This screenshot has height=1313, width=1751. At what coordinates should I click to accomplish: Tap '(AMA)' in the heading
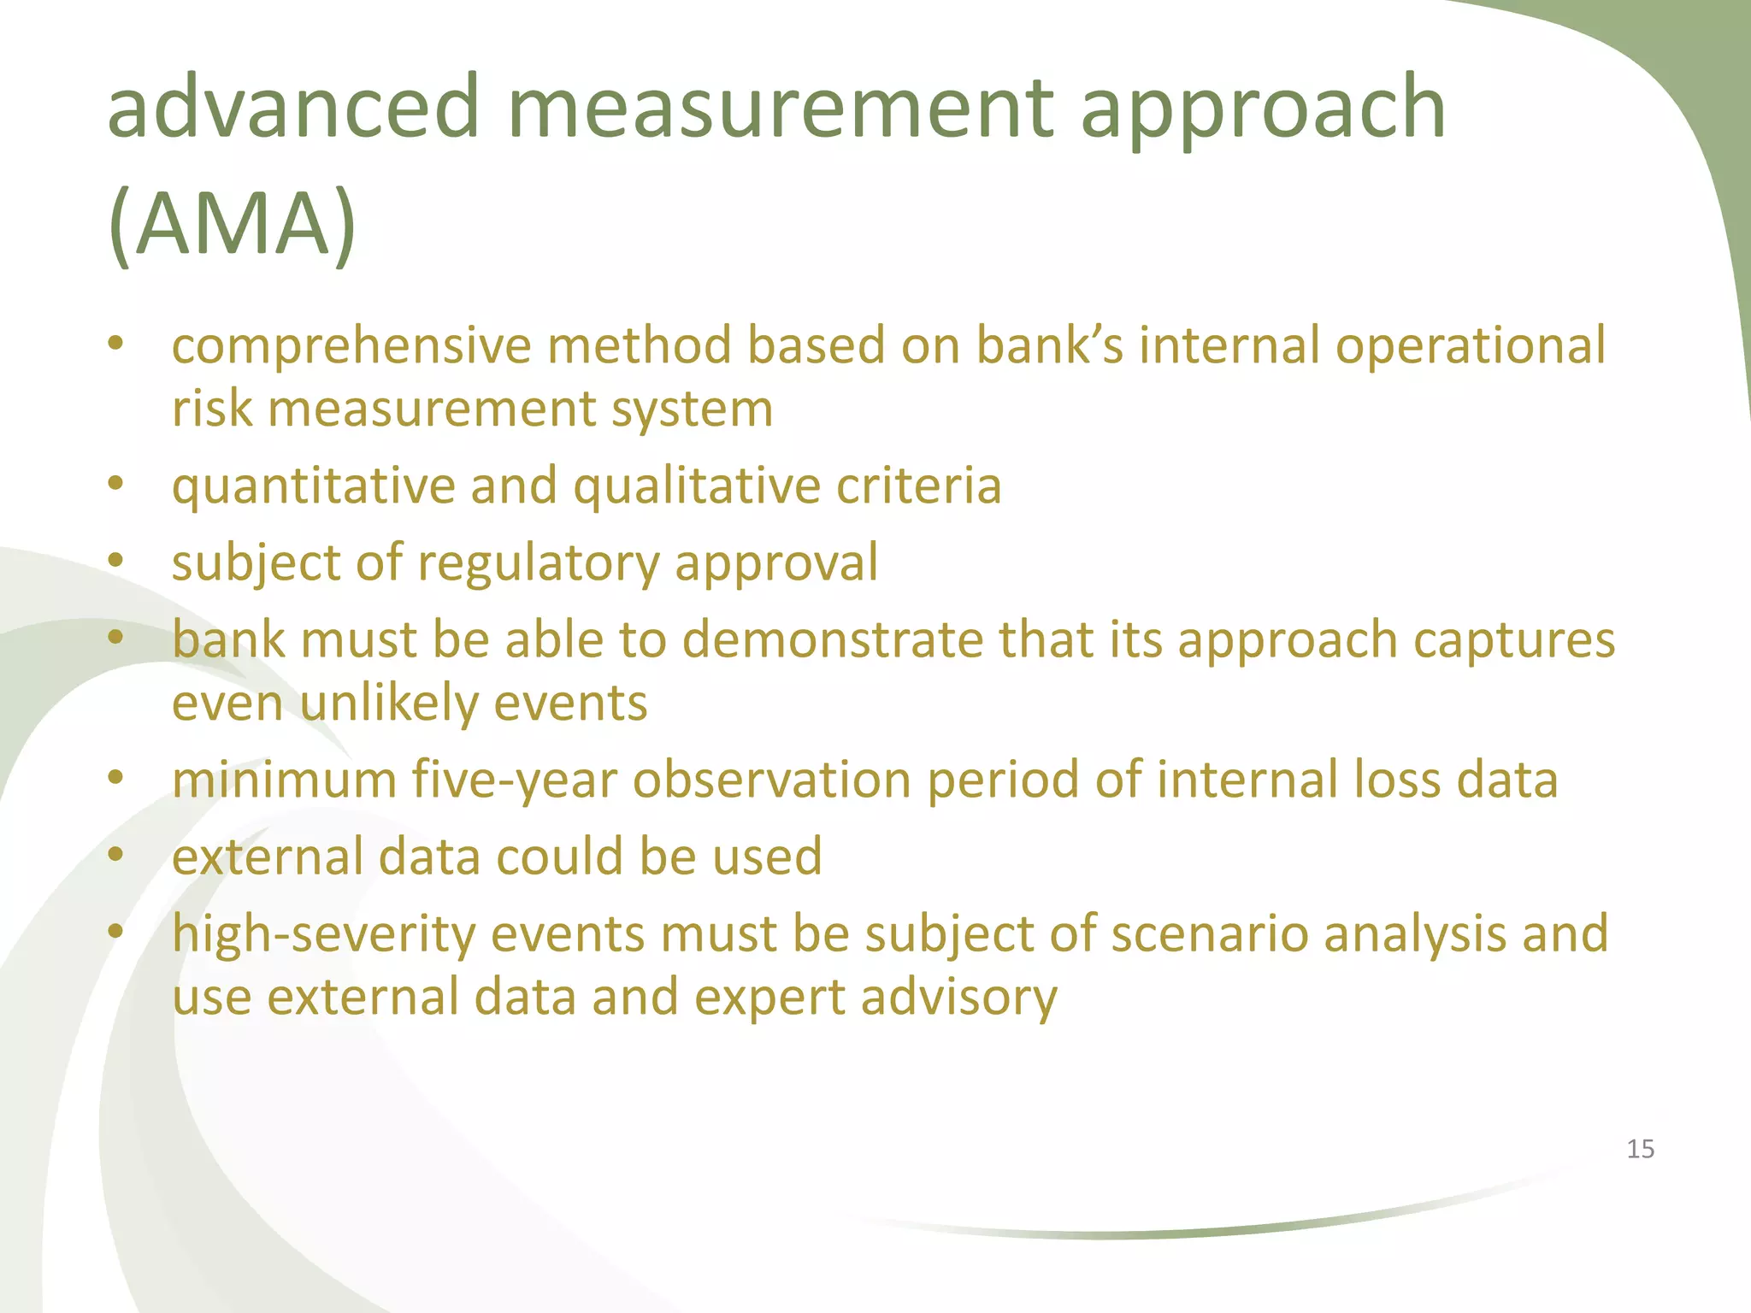click(x=233, y=224)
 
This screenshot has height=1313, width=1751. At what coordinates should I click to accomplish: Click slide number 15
click(x=1640, y=1149)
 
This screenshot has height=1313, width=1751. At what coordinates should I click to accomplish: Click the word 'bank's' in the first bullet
click(x=1049, y=346)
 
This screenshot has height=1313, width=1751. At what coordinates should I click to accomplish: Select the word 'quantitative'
click(x=313, y=487)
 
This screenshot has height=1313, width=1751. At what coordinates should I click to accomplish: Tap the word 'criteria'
click(x=918, y=486)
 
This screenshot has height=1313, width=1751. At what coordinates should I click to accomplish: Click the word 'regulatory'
click(x=538, y=564)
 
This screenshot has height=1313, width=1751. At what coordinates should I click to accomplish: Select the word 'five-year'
click(x=514, y=780)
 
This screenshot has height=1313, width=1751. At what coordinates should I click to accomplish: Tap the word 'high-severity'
click(x=323, y=934)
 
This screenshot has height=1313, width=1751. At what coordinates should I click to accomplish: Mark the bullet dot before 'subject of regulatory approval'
click(x=116, y=562)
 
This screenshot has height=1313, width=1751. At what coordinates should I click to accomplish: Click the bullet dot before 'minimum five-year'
click(x=116, y=778)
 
